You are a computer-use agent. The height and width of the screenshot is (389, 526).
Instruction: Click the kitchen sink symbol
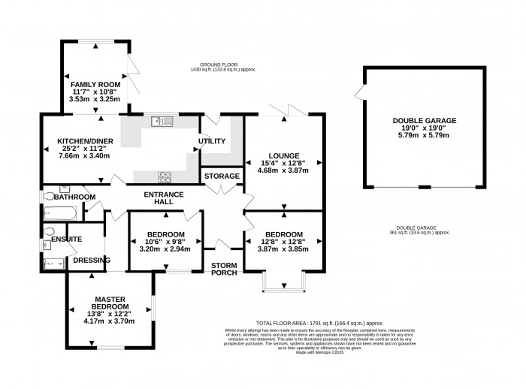click(x=162, y=120)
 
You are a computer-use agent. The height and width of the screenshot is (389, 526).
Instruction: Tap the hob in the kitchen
click(x=165, y=176)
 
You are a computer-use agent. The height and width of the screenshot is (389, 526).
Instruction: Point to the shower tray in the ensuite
click(x=52, y=263)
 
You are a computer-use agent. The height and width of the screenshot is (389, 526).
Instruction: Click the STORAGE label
click(x=222, y=176)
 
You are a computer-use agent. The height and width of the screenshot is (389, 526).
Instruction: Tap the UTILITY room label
click(x=212, y=141)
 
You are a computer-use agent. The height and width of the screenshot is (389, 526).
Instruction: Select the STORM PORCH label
click(x=225, y=269)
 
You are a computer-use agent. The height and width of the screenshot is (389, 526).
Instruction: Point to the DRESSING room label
click(x=91, y=261)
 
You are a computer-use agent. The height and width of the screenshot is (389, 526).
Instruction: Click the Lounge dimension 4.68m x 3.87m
click(x=284, y=170)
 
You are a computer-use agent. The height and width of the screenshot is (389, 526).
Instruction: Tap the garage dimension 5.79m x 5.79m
click(x=424, y=136)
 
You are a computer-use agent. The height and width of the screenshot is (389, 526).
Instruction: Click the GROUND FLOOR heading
click(x=223, y=65)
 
